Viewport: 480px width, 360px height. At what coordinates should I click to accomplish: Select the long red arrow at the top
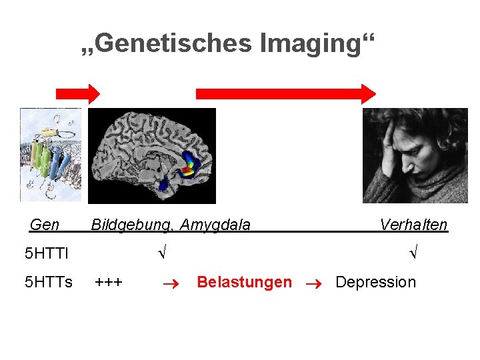(x=285, y=93)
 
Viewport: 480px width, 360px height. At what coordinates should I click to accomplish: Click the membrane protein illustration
(x=51, y=155)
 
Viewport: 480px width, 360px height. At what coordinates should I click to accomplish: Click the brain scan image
(x=152, y=155)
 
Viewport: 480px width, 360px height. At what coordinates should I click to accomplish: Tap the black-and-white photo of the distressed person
(x=415, y=155)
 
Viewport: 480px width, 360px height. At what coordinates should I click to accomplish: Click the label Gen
(x=45, y=225)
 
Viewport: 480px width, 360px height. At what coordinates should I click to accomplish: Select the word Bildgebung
(x=124, y=225)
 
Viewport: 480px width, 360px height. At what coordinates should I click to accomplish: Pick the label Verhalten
(x=413, y=225)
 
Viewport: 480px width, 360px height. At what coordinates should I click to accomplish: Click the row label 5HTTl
(x=46, y=253)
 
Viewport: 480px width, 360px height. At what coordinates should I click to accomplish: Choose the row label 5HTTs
(x=48, y=282)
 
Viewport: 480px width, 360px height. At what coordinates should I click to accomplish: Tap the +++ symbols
(x=109, y=282)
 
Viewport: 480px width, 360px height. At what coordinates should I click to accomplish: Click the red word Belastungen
(x=244, y=282)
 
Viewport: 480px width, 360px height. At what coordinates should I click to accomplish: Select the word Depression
(x=375, y=282)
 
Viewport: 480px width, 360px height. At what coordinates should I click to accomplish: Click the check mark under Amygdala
(x=161, y=253)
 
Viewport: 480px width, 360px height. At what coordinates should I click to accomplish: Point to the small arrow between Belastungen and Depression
(x=313, y=283)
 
